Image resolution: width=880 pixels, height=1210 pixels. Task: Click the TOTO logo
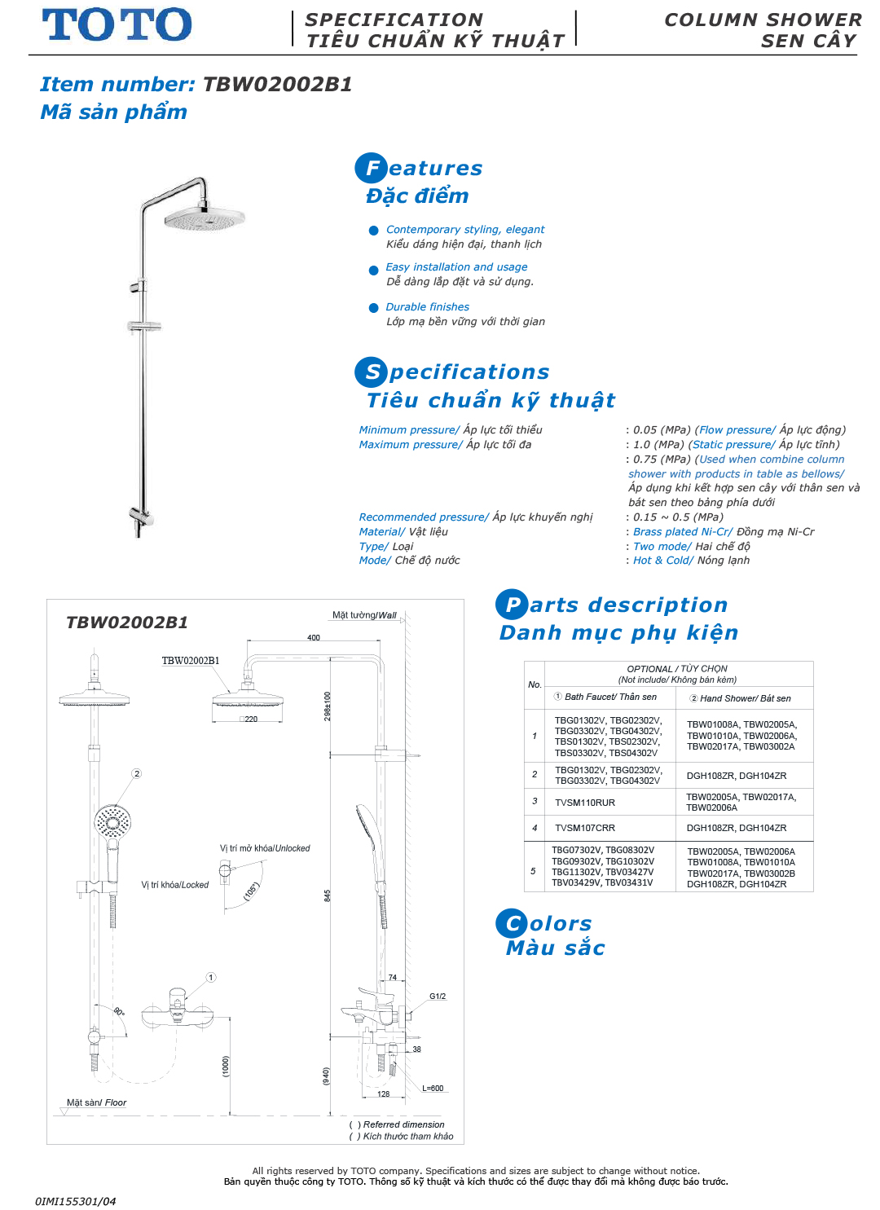point(117,25)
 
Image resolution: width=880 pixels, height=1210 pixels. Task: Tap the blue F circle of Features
point(371,168)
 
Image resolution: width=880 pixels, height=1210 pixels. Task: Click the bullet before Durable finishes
point(374,308)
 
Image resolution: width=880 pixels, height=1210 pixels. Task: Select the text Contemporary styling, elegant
point(464,230)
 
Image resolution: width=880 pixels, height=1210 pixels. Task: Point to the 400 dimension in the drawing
point(314,637)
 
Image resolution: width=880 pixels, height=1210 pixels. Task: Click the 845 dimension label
point(328,895)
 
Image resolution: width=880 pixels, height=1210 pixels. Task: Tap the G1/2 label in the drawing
point(438,996)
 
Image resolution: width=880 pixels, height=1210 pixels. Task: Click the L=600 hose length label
point(433,1089)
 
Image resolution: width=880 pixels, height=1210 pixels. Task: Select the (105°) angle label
point(251,891)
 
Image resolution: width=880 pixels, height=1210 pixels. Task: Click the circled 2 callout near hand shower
point(137,773)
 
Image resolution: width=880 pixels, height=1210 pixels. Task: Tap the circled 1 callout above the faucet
point(210,977)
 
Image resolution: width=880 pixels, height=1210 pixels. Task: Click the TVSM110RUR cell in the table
point(585,803)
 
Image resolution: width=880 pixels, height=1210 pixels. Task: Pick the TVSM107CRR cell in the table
point(585,828)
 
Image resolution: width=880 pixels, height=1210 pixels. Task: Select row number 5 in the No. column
point(534,870)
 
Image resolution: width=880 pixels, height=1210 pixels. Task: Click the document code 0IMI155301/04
point(75,1201)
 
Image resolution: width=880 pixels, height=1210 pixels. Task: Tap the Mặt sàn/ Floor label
point(96,1102)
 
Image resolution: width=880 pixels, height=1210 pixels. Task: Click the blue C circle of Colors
point(511,923)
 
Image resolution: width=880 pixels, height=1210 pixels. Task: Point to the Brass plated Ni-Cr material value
point(683,532)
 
